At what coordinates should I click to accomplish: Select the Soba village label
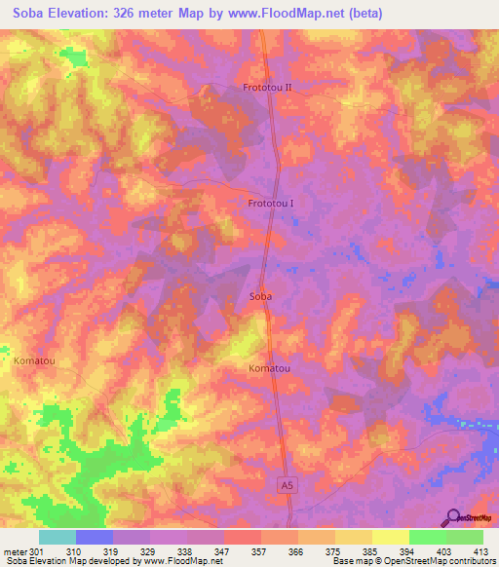(260, 295)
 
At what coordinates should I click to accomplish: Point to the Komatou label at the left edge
(34, 360)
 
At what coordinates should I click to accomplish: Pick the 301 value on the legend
(36, 551)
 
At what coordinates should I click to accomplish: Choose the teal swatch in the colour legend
(58, 537)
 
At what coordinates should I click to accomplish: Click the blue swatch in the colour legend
(95, 537)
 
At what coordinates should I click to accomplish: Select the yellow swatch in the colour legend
(390, 537)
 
